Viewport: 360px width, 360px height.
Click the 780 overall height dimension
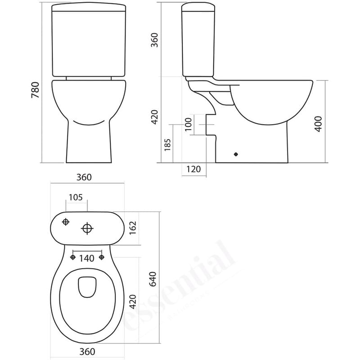click(36, 90)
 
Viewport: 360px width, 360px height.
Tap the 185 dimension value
click(168, 144)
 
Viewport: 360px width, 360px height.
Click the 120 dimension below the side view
click(193, 169)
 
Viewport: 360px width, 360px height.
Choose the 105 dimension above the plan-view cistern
click(76, 197)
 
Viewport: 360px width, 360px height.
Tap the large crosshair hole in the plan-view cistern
click(87, 229)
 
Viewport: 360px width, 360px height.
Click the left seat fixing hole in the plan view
click(72, 257)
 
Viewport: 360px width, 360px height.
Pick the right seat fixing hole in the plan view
click(102, 257)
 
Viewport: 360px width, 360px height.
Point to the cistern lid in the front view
click(88, 8)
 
